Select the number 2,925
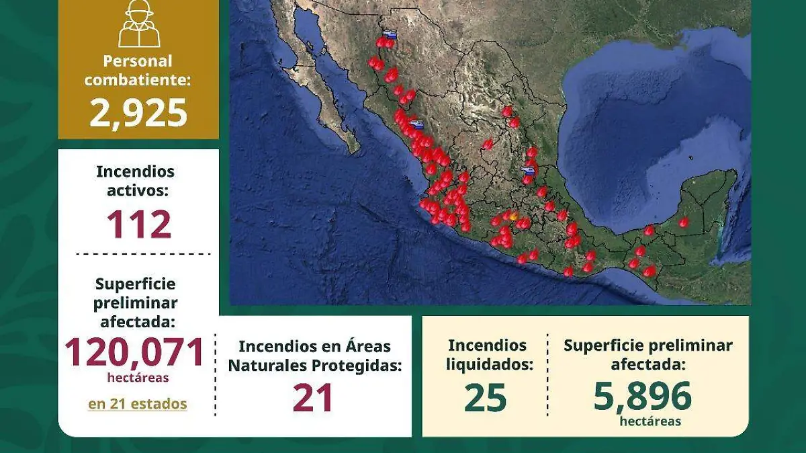tap(138, 113)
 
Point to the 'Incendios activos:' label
tap(135, 181)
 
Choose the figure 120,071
tap(134, 352)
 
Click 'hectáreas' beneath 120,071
tap(138, 378)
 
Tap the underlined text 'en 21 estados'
tap(137, 404)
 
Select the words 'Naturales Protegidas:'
tap(314, 366)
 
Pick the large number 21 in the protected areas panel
tap(313, 398)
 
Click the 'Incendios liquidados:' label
tap(487, 355)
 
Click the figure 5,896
tap(642, 397)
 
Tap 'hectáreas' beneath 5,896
tap(650, 421)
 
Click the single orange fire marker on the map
tap(514, 216)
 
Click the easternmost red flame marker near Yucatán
tap(683, 222)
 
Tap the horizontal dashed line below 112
tap(142, 254)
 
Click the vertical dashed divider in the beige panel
tap(547, 375)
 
